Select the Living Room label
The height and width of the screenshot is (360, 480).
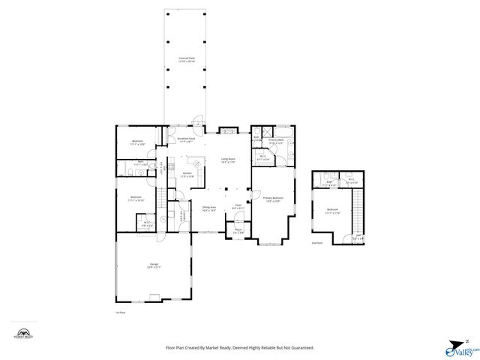(228, 160)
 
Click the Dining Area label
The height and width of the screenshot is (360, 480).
(209, 209)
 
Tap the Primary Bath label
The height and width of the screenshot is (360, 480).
(276, 142)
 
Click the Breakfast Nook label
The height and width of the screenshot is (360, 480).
(186, 139)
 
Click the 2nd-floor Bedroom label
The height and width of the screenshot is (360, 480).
(332, 211)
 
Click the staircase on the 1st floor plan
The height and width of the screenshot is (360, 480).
(159, 199)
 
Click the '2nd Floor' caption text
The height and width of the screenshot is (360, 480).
(317, 243)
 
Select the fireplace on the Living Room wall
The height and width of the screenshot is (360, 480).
(228, 130)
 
